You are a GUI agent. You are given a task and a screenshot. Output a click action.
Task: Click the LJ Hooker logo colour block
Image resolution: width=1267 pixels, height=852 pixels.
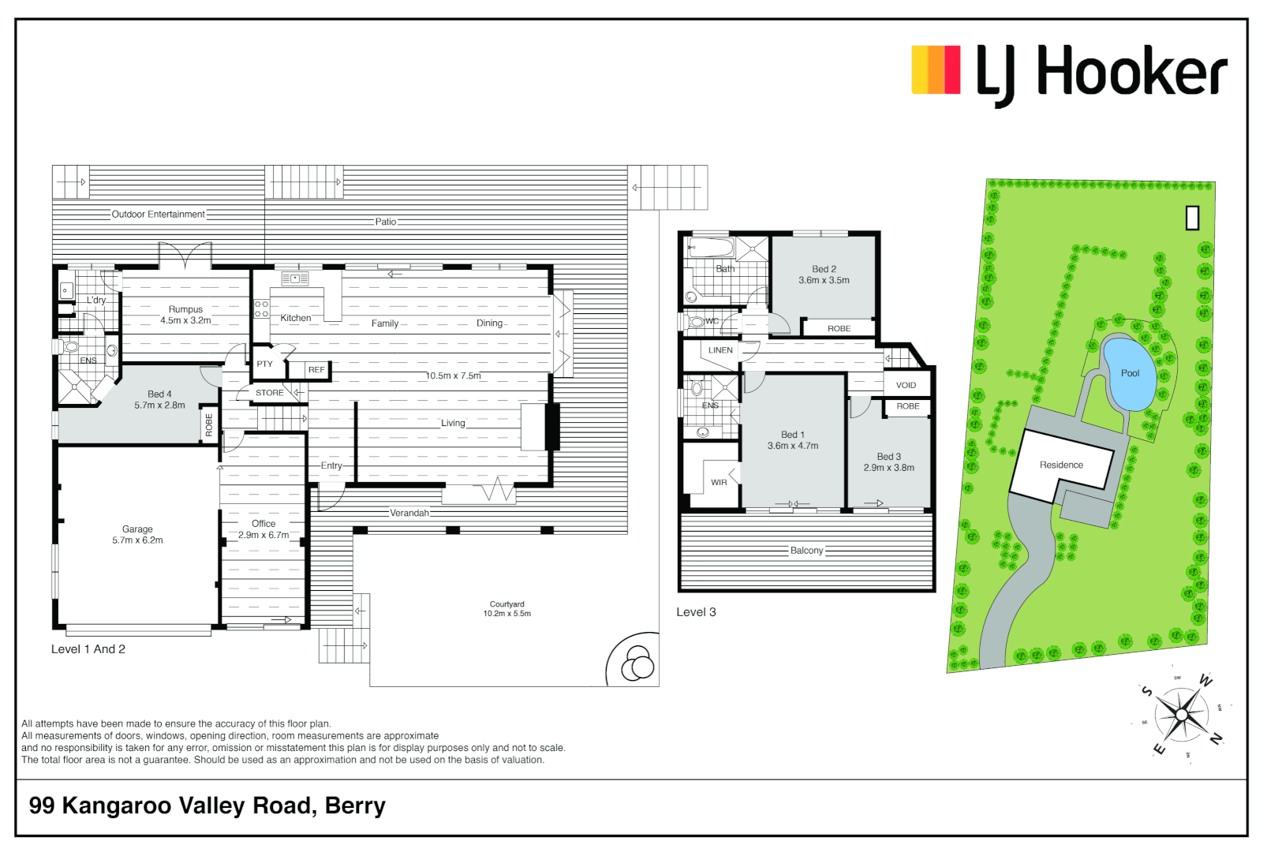tap(936, 70)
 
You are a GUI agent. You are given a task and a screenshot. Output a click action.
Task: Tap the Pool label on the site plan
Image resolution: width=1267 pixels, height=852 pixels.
tap(1130, 373)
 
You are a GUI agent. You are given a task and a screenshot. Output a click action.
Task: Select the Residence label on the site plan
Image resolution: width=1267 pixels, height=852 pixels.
tap(1061, 465)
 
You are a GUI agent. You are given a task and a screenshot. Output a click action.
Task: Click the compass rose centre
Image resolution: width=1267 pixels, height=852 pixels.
tap(1181, 715)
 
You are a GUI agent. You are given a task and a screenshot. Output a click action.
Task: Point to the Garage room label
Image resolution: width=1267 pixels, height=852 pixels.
tap(137, 529)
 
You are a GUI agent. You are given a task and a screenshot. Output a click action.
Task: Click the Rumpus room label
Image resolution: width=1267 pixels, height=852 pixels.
tap(185, 309)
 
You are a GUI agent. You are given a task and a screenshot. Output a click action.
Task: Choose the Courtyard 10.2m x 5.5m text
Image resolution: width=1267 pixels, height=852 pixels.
tap(506, 608)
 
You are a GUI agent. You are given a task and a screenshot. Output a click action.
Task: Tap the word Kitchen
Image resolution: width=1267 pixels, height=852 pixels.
tap(296, 318)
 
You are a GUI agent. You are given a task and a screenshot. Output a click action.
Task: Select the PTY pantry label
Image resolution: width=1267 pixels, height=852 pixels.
tap(264, 364)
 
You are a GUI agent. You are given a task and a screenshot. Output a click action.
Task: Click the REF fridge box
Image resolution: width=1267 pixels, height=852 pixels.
tap(316, 369)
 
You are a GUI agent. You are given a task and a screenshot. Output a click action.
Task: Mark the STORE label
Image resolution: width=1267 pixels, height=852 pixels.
tap(269, 393)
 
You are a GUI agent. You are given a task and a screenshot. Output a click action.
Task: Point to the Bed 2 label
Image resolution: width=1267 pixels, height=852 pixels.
tap(824, 269)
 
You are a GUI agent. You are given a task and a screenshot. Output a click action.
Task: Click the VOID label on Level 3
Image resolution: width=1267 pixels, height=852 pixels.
tap(906, 385)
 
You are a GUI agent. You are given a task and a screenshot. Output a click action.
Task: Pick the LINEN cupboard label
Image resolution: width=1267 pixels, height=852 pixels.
tap(720, 350)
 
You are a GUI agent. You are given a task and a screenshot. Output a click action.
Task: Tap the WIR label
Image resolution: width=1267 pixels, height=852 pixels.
tap(719, 483)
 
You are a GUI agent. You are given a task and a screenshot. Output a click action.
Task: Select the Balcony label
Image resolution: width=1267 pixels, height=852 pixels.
tap(806, 551)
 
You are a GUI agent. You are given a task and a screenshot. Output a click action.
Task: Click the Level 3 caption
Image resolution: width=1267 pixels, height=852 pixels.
tap(696, 612)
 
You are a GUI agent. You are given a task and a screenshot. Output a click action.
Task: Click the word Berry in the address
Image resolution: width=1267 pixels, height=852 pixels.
tap(355, 805)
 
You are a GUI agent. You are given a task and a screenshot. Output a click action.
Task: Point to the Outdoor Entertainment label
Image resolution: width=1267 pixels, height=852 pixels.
tap(158, 215)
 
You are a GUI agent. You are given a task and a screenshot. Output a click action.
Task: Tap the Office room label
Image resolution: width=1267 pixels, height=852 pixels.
tap(263, 524)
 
